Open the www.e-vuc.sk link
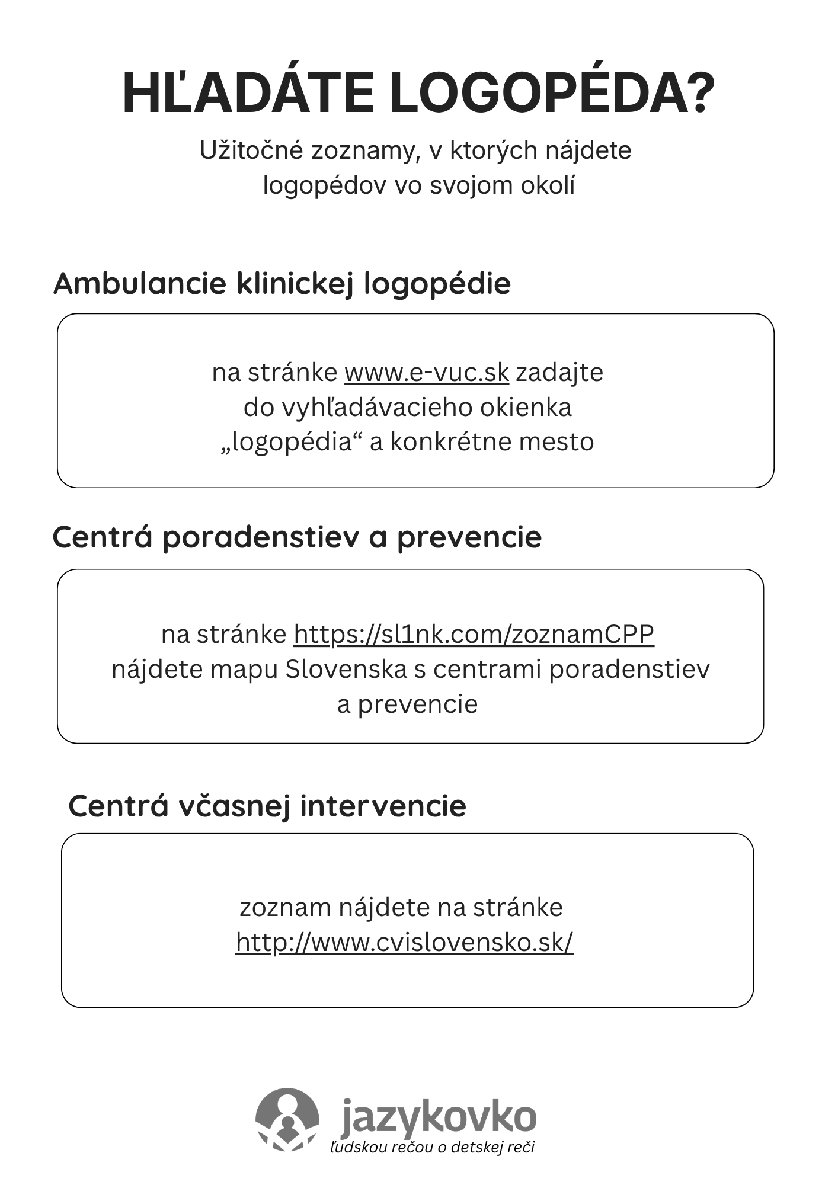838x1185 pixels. pyautogui.click(x=426, y=373)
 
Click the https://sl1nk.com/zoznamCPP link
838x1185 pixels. pyautogui.click(x=474, y=634)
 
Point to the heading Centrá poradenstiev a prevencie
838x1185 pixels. pyautogui.click(x=297, y=537)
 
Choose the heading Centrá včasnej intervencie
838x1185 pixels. pyautogui.click(x=267, y=806)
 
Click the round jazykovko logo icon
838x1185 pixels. pyautogui.click(x=287, y=1119)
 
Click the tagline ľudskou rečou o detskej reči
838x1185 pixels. pyautogui.click(x=432, y=1147)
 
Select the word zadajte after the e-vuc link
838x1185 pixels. pyautogui.click(x=559, y=373)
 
